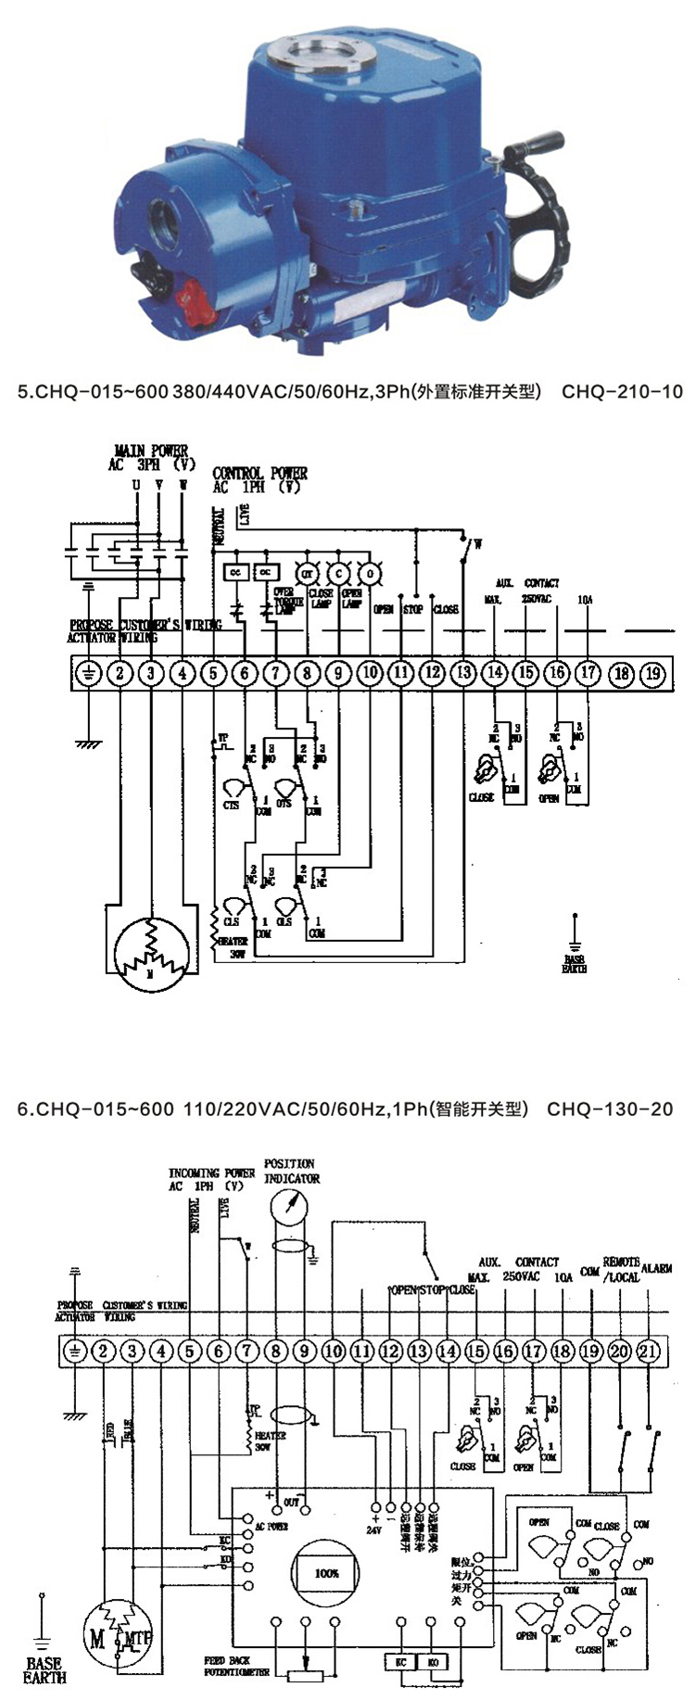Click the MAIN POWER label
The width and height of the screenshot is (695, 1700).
(150, 451)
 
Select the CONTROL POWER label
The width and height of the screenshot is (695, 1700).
(260, 474)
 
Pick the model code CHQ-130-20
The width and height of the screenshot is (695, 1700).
(610, 1109)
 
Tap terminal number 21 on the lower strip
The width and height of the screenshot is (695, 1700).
(648, 1351)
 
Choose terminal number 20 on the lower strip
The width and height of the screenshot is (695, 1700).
(619, 1351)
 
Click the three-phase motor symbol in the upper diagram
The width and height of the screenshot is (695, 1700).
(150, 947)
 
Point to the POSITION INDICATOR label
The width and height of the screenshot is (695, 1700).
(292, 1171)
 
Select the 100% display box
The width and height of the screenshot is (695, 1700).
(325, 1574)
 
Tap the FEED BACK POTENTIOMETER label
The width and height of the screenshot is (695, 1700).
(236, 1666)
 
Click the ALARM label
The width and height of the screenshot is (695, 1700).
(656, 1267)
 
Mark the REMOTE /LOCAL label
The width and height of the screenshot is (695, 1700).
(622, 1269)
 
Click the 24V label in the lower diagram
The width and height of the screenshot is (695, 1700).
(373, 1529)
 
